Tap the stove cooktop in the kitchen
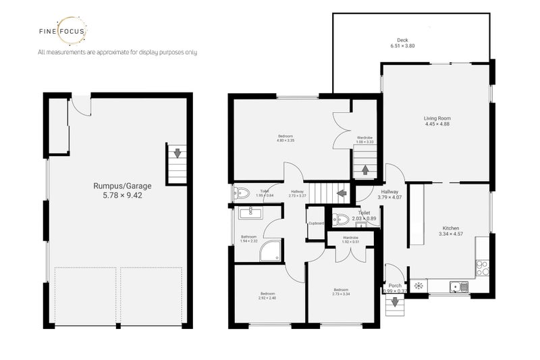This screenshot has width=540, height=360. pyautogui.click(x=483, y=267)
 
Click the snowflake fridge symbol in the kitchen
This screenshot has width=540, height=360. pyautogui.click(x=418, y=286)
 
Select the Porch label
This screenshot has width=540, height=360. pyautogui.click(x=395, y=285)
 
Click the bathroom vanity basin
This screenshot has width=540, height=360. pyautogui.click(x=250, y=213)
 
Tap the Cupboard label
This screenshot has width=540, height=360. pyautogui.click(x=316, y=224)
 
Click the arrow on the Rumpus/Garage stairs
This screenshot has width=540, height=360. pyautogui.click(x=177, y=153)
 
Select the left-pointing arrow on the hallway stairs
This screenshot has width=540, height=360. pyautogui.click(x=342, y=193)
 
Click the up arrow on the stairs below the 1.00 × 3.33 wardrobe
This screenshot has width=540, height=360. pyautogui.click(x=365, y=170)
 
